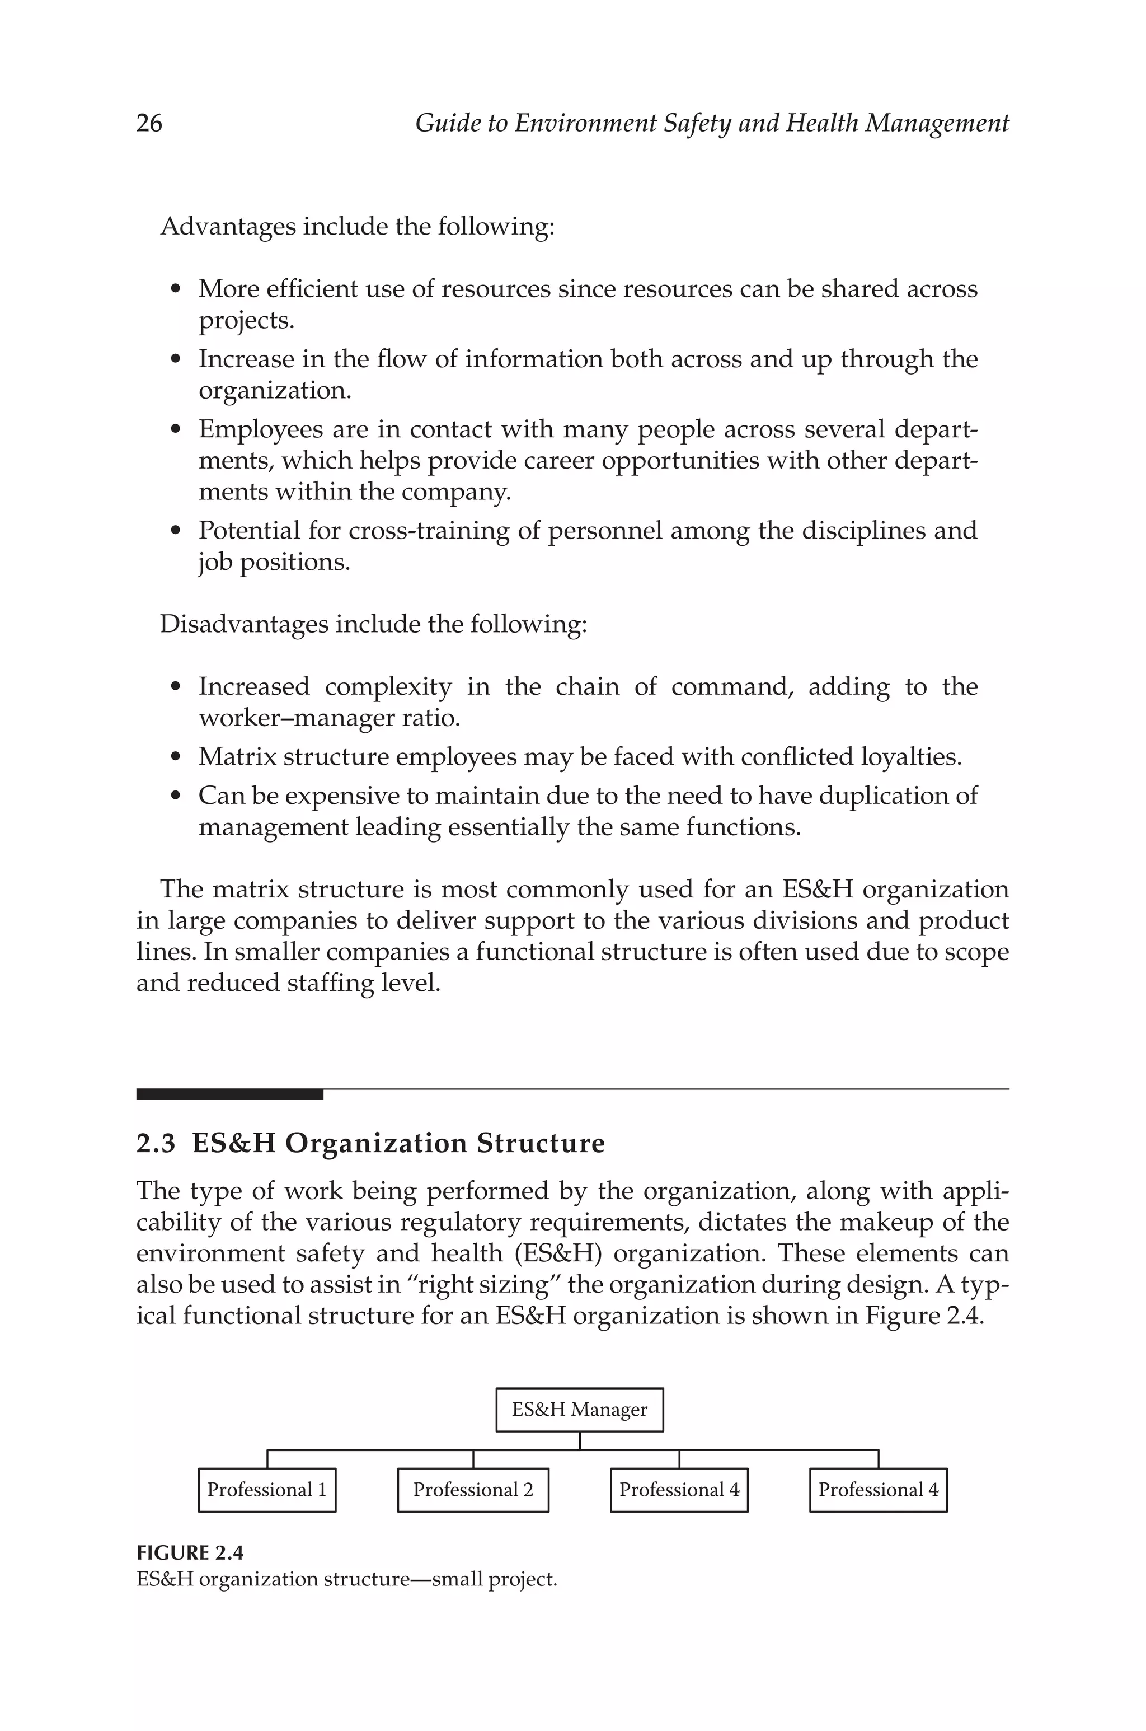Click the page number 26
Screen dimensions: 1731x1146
pos(149,123)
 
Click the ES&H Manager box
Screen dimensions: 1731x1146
pos(579,1409)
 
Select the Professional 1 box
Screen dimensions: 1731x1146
pos(267,1490)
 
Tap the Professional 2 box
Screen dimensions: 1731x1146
pos(473,1490)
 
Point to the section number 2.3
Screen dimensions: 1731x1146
pos(156,1143)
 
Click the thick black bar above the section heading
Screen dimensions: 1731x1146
pos(229,1094)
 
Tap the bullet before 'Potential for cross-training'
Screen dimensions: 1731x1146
pos(175,531)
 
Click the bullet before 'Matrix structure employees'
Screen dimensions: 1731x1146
pos(175,757)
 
